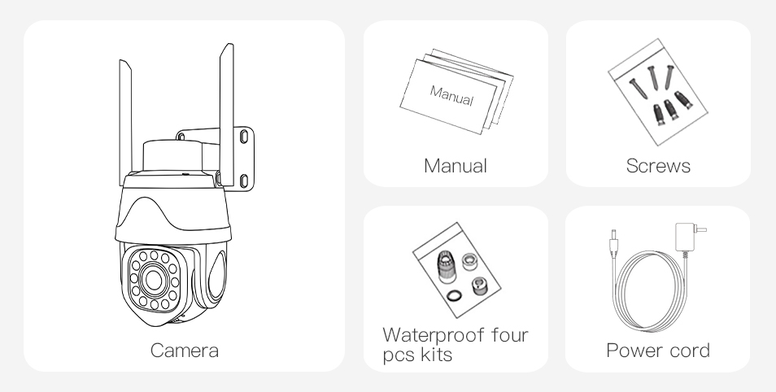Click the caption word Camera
[184, 351]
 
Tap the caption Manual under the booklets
[456, 166]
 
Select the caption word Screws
[658, 166]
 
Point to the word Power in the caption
[635, 351]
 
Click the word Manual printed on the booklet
[451, 95]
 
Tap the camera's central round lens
[154, 280]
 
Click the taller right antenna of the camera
[227, 115]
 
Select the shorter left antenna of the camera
[125, 122]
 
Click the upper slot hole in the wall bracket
[244, 136]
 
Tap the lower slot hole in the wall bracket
[244, 181]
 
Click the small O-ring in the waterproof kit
[454, 296]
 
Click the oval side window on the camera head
[216, 277]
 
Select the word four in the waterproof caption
[510, 335]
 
